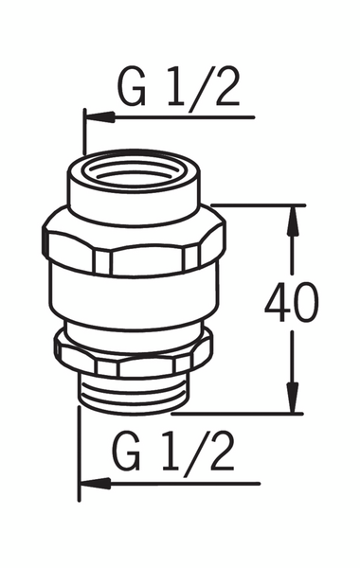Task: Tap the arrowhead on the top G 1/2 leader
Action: (99, 116)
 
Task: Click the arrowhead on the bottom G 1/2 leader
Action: (93, 483)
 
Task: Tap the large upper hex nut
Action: (134, 248)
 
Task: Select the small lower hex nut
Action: (134, 351)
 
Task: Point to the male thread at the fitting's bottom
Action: (134, 391)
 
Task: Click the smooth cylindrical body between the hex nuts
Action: (134, 301)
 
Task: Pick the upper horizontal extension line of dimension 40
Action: (256, 204)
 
